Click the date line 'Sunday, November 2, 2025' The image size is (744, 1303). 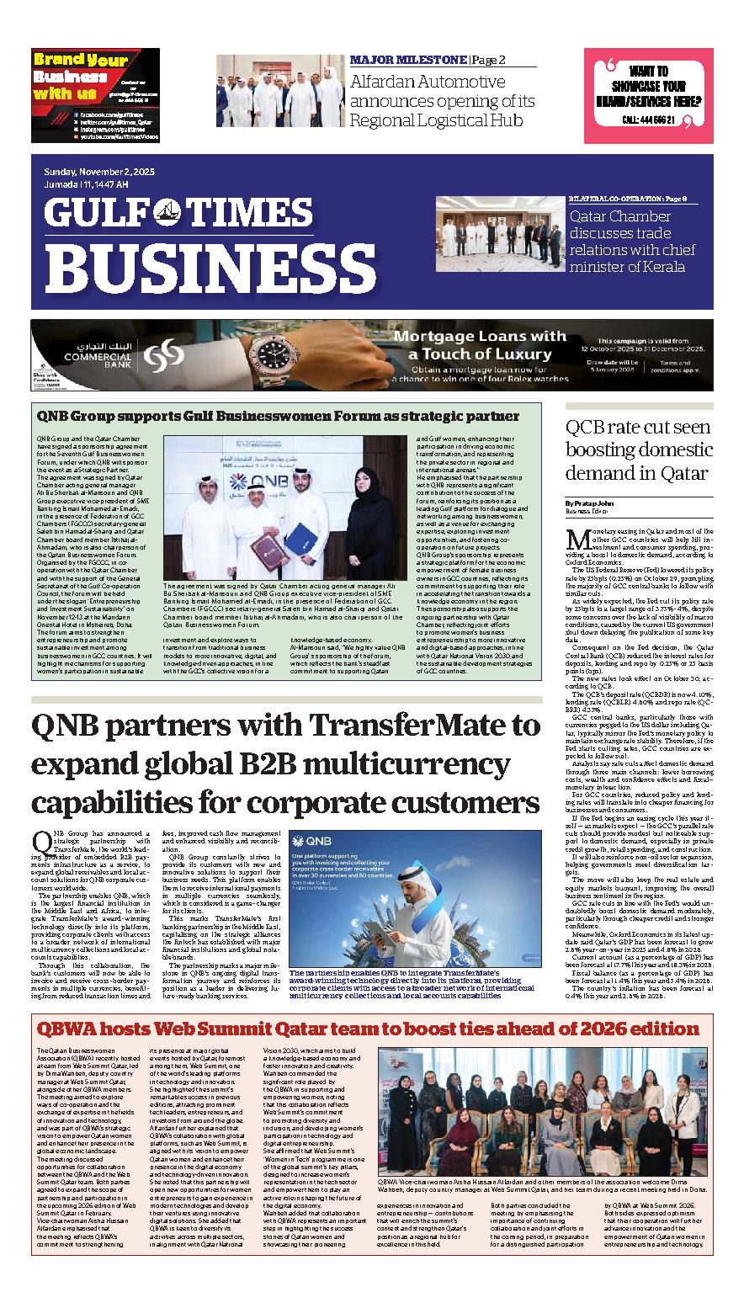tap(99, 172)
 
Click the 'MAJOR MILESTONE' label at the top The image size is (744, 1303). tap(407, 61)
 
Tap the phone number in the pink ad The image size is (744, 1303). tap(648, 120)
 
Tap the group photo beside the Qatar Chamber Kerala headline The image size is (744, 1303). tap(497, 236)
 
